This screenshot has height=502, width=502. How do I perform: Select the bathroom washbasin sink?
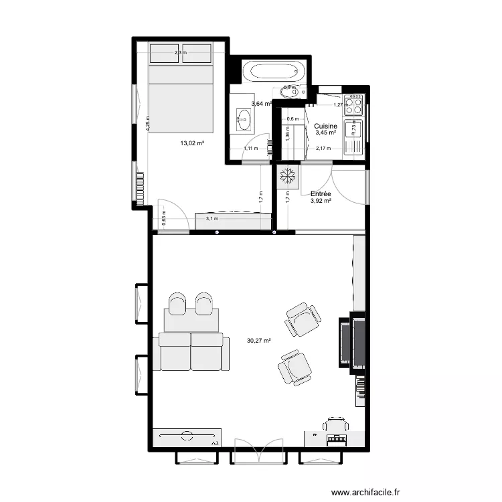click(242, 120)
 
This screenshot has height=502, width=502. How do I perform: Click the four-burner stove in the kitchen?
click(353, 106)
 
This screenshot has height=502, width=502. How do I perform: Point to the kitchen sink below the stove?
click(353, 129)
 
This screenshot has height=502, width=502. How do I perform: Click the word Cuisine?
click(325, 126)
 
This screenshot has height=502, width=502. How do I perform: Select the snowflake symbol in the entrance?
click(288, 176)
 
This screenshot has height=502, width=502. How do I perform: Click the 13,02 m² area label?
click(191, 143)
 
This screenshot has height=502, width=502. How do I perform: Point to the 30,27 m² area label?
click(258, 341)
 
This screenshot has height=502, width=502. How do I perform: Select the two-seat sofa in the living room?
click(191, 351)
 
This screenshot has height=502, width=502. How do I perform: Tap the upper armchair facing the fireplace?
click(302, 319)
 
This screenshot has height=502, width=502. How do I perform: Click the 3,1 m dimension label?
click(212, 219)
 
